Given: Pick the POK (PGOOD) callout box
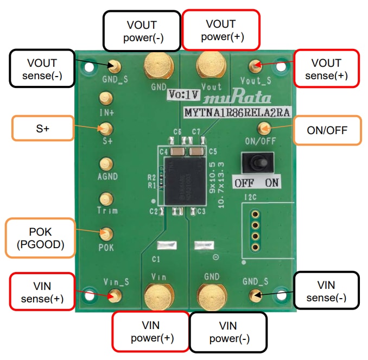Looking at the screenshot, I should point(40,237).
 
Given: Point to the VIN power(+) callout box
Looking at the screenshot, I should point(150,331).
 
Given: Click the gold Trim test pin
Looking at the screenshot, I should point(105,199).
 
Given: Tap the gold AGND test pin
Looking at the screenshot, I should point(105,164).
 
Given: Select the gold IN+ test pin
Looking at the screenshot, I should point(105,98).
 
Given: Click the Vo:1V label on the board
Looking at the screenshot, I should point(185,94).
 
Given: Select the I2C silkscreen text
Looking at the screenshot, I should point(251,197).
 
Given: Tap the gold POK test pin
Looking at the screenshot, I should point(105,234).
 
